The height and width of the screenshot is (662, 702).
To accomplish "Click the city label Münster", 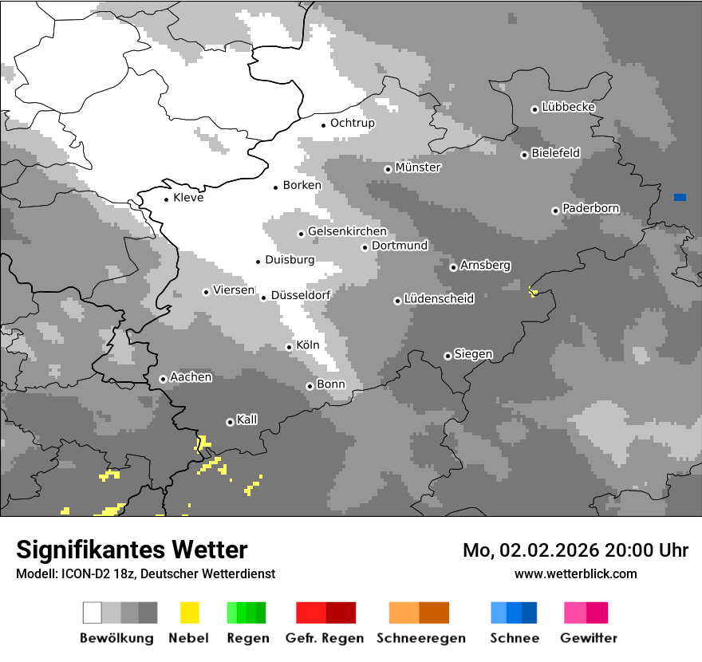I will tap(418, 167).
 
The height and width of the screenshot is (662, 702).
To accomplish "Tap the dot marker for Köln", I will tap(290, 347).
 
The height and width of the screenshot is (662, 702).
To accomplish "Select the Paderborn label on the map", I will tap(590, 209).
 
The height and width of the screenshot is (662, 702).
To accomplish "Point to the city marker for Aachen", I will tap(163, 379).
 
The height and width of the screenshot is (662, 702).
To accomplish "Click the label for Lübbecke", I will tap(568, 107).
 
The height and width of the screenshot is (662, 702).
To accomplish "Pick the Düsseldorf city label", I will tap(300, 295).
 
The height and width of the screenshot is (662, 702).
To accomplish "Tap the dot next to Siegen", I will tap(448, 356).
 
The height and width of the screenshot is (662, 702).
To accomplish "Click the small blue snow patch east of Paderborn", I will tap(680, 197).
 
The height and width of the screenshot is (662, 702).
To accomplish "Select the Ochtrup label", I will tap(352, 123).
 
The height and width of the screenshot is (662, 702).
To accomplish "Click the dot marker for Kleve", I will tap(166, 199).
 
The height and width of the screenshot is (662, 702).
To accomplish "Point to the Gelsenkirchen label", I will tap(347, 231).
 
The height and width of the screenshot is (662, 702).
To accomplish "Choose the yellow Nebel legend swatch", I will tap(189, 613).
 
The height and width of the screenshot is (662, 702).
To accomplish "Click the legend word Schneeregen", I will tap(419, 638).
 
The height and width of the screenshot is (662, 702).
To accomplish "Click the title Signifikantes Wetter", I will tap(132, 550).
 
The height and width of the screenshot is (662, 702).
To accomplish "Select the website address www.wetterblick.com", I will tap(575, 573).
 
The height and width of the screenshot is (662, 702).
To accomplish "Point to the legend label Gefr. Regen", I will tap(325, 638).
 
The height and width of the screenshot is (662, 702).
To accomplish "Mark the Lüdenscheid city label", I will tap(439, 299).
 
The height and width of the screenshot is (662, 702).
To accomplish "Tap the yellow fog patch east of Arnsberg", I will tap(534, 292).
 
